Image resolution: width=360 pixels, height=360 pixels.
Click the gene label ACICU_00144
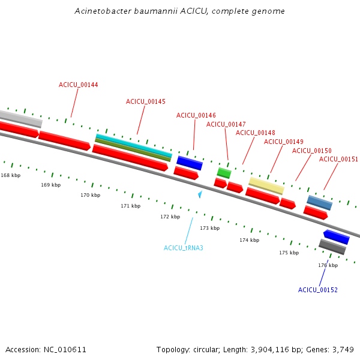pos(78,85)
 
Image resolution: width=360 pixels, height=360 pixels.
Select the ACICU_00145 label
pos(145,102)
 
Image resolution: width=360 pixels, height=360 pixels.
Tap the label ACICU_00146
pos(196,115)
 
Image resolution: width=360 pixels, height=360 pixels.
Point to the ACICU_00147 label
pos(226,124)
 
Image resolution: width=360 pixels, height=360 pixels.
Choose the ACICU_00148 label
pos(255,133)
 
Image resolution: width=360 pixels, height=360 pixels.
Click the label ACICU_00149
pos(283,142)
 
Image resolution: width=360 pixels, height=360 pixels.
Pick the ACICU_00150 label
pos(311,151)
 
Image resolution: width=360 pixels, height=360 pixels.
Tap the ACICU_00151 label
pos(338,160)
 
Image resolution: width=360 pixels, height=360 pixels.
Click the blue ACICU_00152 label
pos(317,290)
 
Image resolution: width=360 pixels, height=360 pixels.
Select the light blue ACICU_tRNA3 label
pos(183,248)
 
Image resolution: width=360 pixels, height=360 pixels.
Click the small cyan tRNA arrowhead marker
pos(200,194)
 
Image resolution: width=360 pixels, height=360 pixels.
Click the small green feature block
pos(224,173)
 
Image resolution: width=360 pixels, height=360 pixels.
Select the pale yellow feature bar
pos(266,185)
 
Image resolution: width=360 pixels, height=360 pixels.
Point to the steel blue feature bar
pos(320,203)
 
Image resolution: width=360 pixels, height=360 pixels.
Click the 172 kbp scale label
pos(170,217)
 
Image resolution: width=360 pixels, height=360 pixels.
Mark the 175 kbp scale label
pos(289,253)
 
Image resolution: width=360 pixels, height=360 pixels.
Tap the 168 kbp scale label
pos(10,175)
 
